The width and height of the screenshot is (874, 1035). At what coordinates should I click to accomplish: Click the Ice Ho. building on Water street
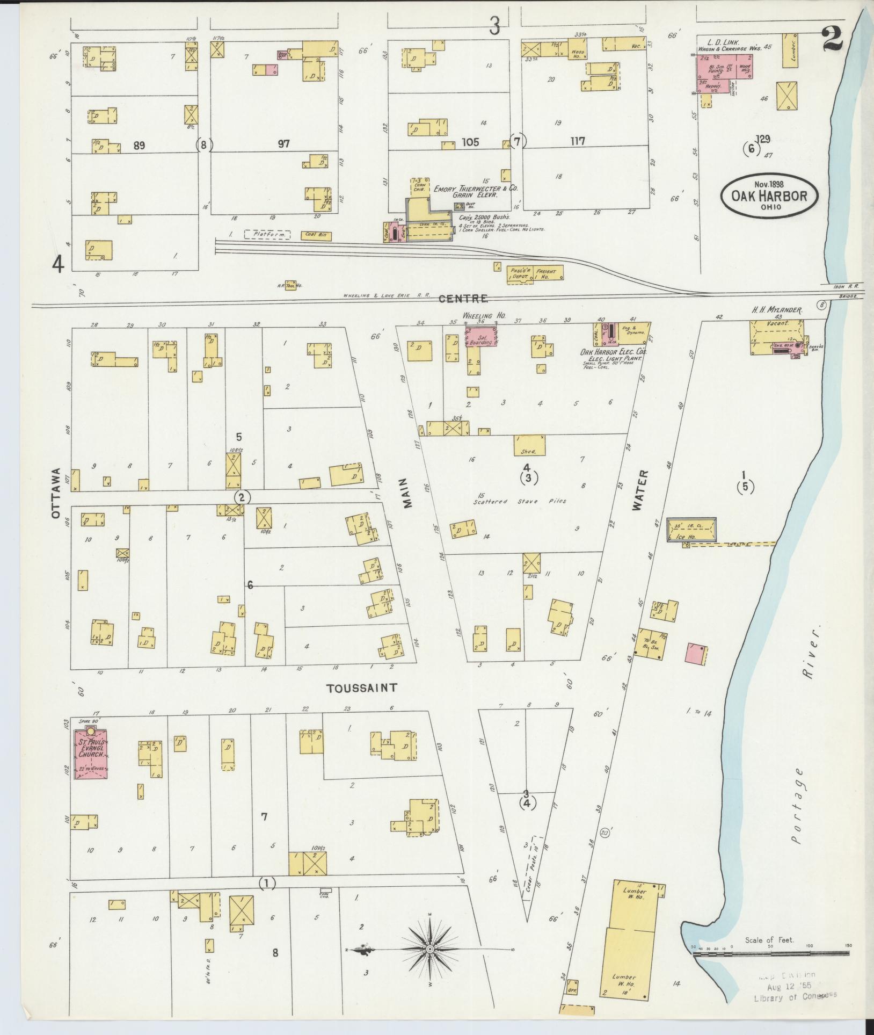click(691, 531)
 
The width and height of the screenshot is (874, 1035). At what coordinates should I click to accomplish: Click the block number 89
click(139, 145)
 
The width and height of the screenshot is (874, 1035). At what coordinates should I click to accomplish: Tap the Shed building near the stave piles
click(529, 445)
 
